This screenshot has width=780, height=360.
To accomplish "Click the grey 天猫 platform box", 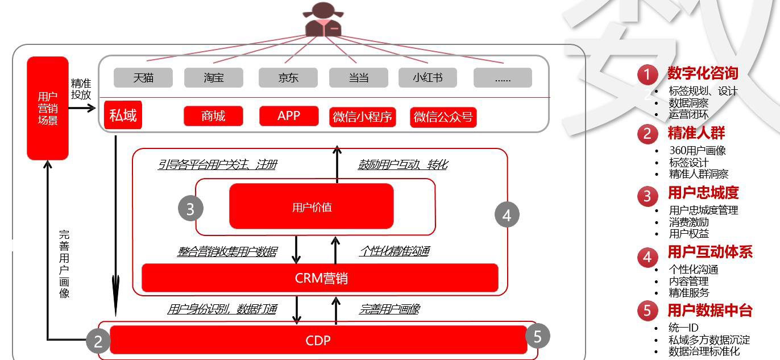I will pos(143,78).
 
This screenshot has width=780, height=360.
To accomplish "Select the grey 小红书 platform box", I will pos(428,78).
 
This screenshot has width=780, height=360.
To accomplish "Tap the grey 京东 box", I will pos(288,78).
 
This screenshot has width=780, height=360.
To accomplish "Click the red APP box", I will pos(288,116).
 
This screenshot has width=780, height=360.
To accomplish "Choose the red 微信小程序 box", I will pos(362,117).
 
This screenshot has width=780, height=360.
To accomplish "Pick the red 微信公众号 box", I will pos(443,117).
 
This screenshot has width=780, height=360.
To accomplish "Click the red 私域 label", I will pos(123,115).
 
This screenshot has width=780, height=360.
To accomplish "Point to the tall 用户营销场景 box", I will pos(48,108).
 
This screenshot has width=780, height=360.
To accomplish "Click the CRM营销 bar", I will pos(321,278).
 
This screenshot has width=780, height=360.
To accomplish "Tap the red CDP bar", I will pos(318,340).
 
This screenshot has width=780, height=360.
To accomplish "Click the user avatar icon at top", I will pos(322,20).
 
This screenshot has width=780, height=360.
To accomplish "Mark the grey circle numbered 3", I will pos(190,209).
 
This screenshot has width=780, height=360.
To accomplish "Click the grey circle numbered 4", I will pos(507,215).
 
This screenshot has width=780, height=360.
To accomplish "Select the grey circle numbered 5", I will pos(537,336).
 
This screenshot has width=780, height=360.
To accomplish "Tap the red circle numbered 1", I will pos(647,75).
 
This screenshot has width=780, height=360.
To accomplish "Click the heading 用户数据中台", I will pos(710,310).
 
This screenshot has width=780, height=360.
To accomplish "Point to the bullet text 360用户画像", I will pos(697,151).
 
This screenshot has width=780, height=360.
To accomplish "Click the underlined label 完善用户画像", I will pos(389,309).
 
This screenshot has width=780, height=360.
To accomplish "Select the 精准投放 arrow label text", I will pos(81,89).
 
